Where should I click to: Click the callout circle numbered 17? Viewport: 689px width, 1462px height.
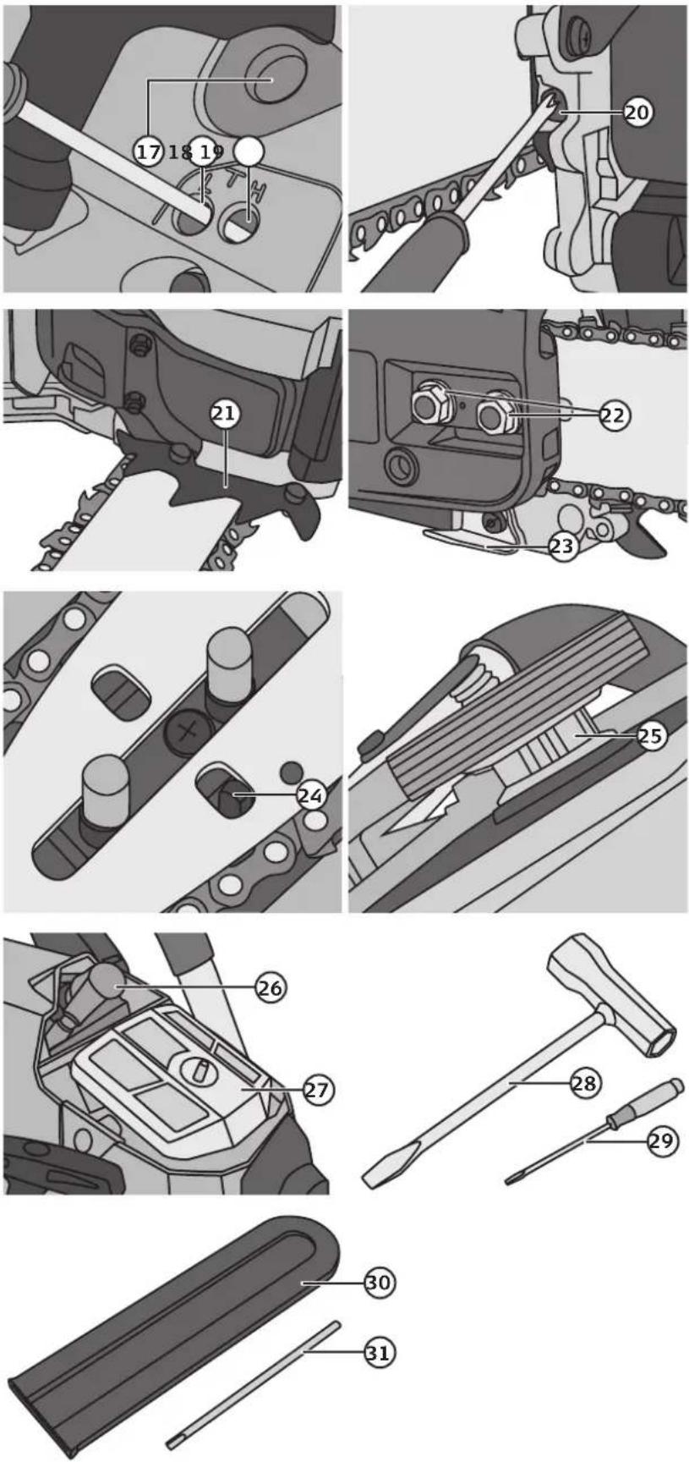pyautogui.click(x=148, y=151)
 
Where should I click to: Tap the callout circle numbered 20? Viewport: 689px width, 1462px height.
pyautogui.click(x=637, y=111)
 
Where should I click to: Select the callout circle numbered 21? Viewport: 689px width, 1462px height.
pyautogui.click(x=224, y=414)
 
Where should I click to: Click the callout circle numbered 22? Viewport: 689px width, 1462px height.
pyautogui.click(x=615, y=415)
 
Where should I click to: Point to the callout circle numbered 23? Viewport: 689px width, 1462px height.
pyautogui.click(x=562, y=547)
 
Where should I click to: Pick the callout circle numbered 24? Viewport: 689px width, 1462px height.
pyautogui.click(x=311, y=795)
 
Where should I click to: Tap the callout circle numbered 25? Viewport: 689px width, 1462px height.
pyautogui.click(x=650, y=735)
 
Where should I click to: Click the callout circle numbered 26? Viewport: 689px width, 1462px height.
pyautogui.click(x=271, y=987)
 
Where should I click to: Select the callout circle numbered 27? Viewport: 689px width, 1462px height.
pyautogui.click(x=317, y=1090)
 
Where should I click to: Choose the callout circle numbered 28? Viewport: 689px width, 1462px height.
pyautogui.click(x=584, y=1083)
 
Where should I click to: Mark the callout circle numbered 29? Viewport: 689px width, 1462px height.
pyautogui.click(x=662, y=1141)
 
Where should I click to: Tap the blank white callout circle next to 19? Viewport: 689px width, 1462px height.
pyautogui.click(x=249, y=151)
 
